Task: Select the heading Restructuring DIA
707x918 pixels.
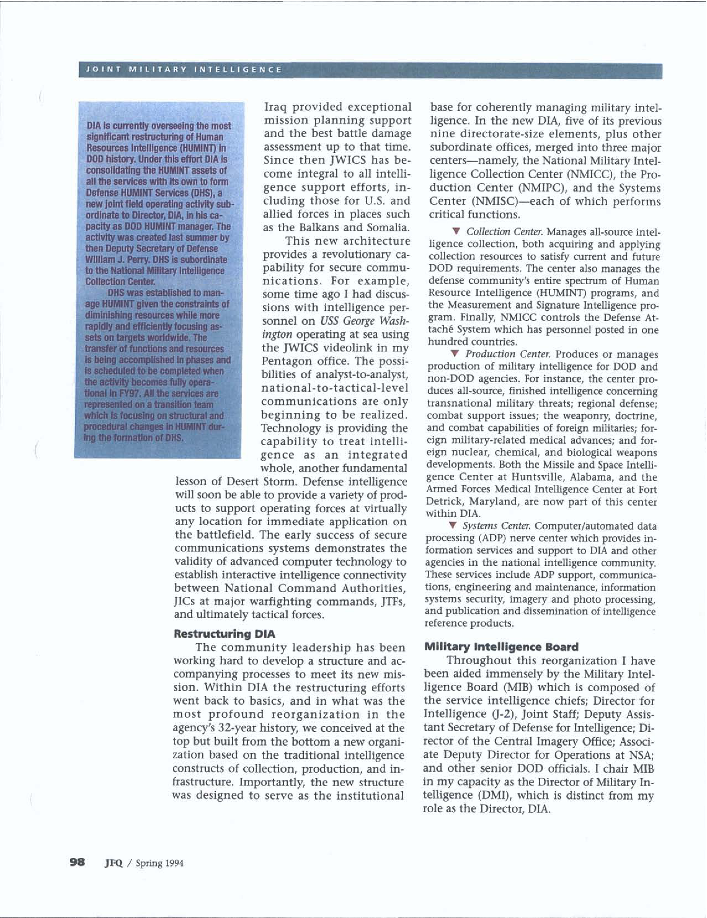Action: pos(225,633)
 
